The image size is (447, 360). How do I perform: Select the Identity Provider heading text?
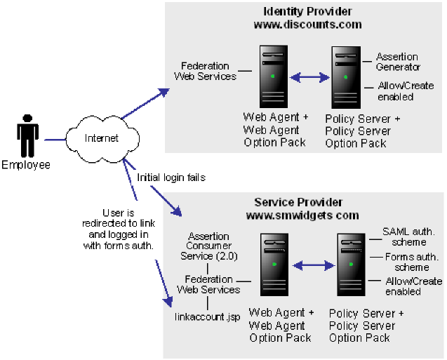coord(307,11)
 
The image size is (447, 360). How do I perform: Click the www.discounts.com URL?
coord(307,24)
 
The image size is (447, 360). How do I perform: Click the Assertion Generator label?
coord(398,62)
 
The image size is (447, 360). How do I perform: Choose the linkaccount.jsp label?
coord(207,316)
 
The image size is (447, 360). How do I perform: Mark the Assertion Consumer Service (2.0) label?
coord(208,246)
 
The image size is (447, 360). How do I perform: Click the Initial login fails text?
coord(171,178)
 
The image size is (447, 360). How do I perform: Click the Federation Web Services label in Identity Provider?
coord(208,71)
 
